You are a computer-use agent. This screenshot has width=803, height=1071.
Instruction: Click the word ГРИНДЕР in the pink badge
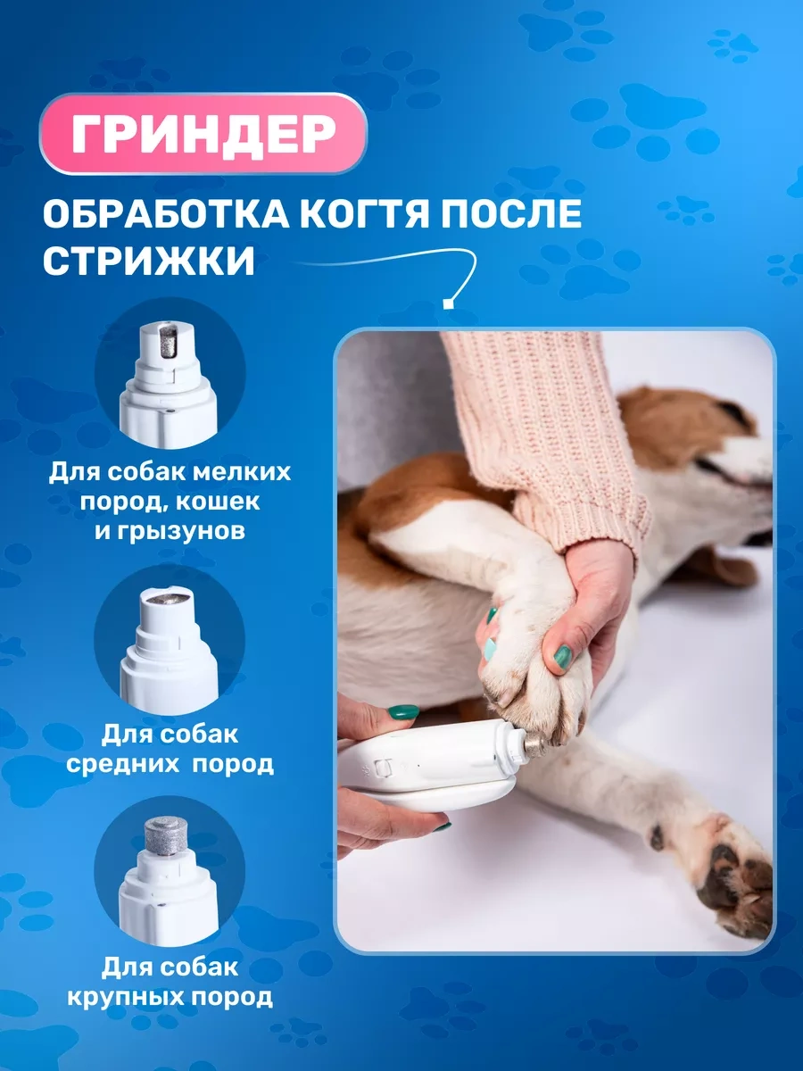click(x=203, y=133)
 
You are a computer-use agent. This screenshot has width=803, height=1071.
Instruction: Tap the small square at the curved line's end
click(x=446, y=304)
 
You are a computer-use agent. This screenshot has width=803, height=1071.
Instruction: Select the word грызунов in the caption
click(x=181, y=531)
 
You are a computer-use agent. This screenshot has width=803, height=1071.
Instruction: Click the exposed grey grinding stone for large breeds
click(x=166, y=835)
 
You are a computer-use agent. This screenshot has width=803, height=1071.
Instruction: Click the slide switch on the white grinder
click(x=384, y=767)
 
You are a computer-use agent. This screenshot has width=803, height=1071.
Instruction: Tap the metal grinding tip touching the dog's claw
click(x=533, y=745)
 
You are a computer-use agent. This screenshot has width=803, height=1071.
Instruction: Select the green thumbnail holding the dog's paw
click(x=564, y=656)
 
